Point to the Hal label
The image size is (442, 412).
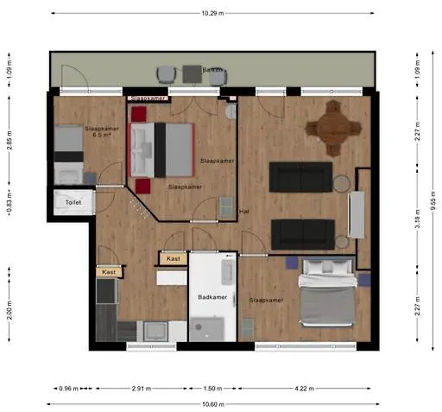point(244,211)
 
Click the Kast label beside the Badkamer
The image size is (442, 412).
point(173,258)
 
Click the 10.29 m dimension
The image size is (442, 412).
point(212,14)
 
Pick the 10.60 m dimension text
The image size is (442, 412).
point(212,403)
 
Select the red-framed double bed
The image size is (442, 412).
point(162,149)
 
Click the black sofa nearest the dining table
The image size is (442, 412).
point(300,177)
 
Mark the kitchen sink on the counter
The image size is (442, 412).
point(157,329)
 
